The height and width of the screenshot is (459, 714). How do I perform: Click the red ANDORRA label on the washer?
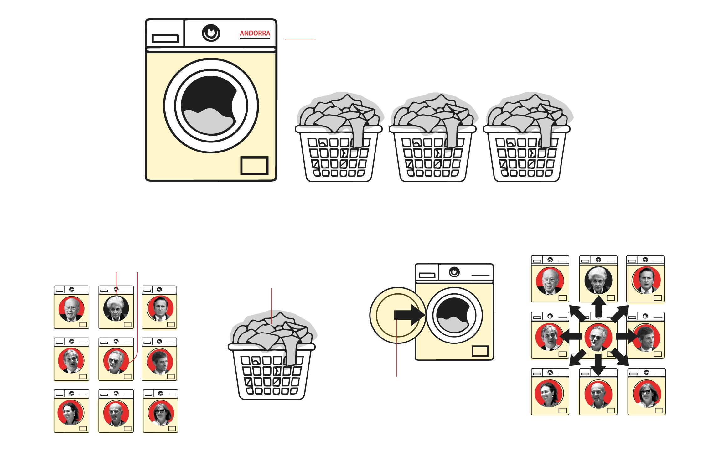point(255,33)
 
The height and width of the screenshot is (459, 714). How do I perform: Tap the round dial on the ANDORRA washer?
point(211,33)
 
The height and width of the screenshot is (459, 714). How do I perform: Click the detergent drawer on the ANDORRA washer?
point(165,39)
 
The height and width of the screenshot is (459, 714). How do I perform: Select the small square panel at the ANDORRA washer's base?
point(254,166)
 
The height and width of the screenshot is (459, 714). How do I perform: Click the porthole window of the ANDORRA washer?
point(211,106)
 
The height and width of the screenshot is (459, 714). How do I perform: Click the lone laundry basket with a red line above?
point(272,355)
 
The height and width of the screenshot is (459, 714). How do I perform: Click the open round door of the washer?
point(398,315)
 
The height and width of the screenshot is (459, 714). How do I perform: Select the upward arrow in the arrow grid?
point(598,307)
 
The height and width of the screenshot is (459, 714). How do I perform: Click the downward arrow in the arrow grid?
point(598,365)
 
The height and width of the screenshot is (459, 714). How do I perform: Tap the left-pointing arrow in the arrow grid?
point(571,336)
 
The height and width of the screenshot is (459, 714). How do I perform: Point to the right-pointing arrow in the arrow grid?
point(627,336)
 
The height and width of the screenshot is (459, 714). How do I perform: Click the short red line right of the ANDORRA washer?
point(300,39)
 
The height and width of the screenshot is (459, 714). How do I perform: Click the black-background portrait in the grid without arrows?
point(116,308)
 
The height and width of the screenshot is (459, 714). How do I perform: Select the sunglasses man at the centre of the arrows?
point(598,337)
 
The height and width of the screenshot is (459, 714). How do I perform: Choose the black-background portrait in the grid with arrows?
point(598,280)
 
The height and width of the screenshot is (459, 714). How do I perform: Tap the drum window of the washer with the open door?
point(454,315)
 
